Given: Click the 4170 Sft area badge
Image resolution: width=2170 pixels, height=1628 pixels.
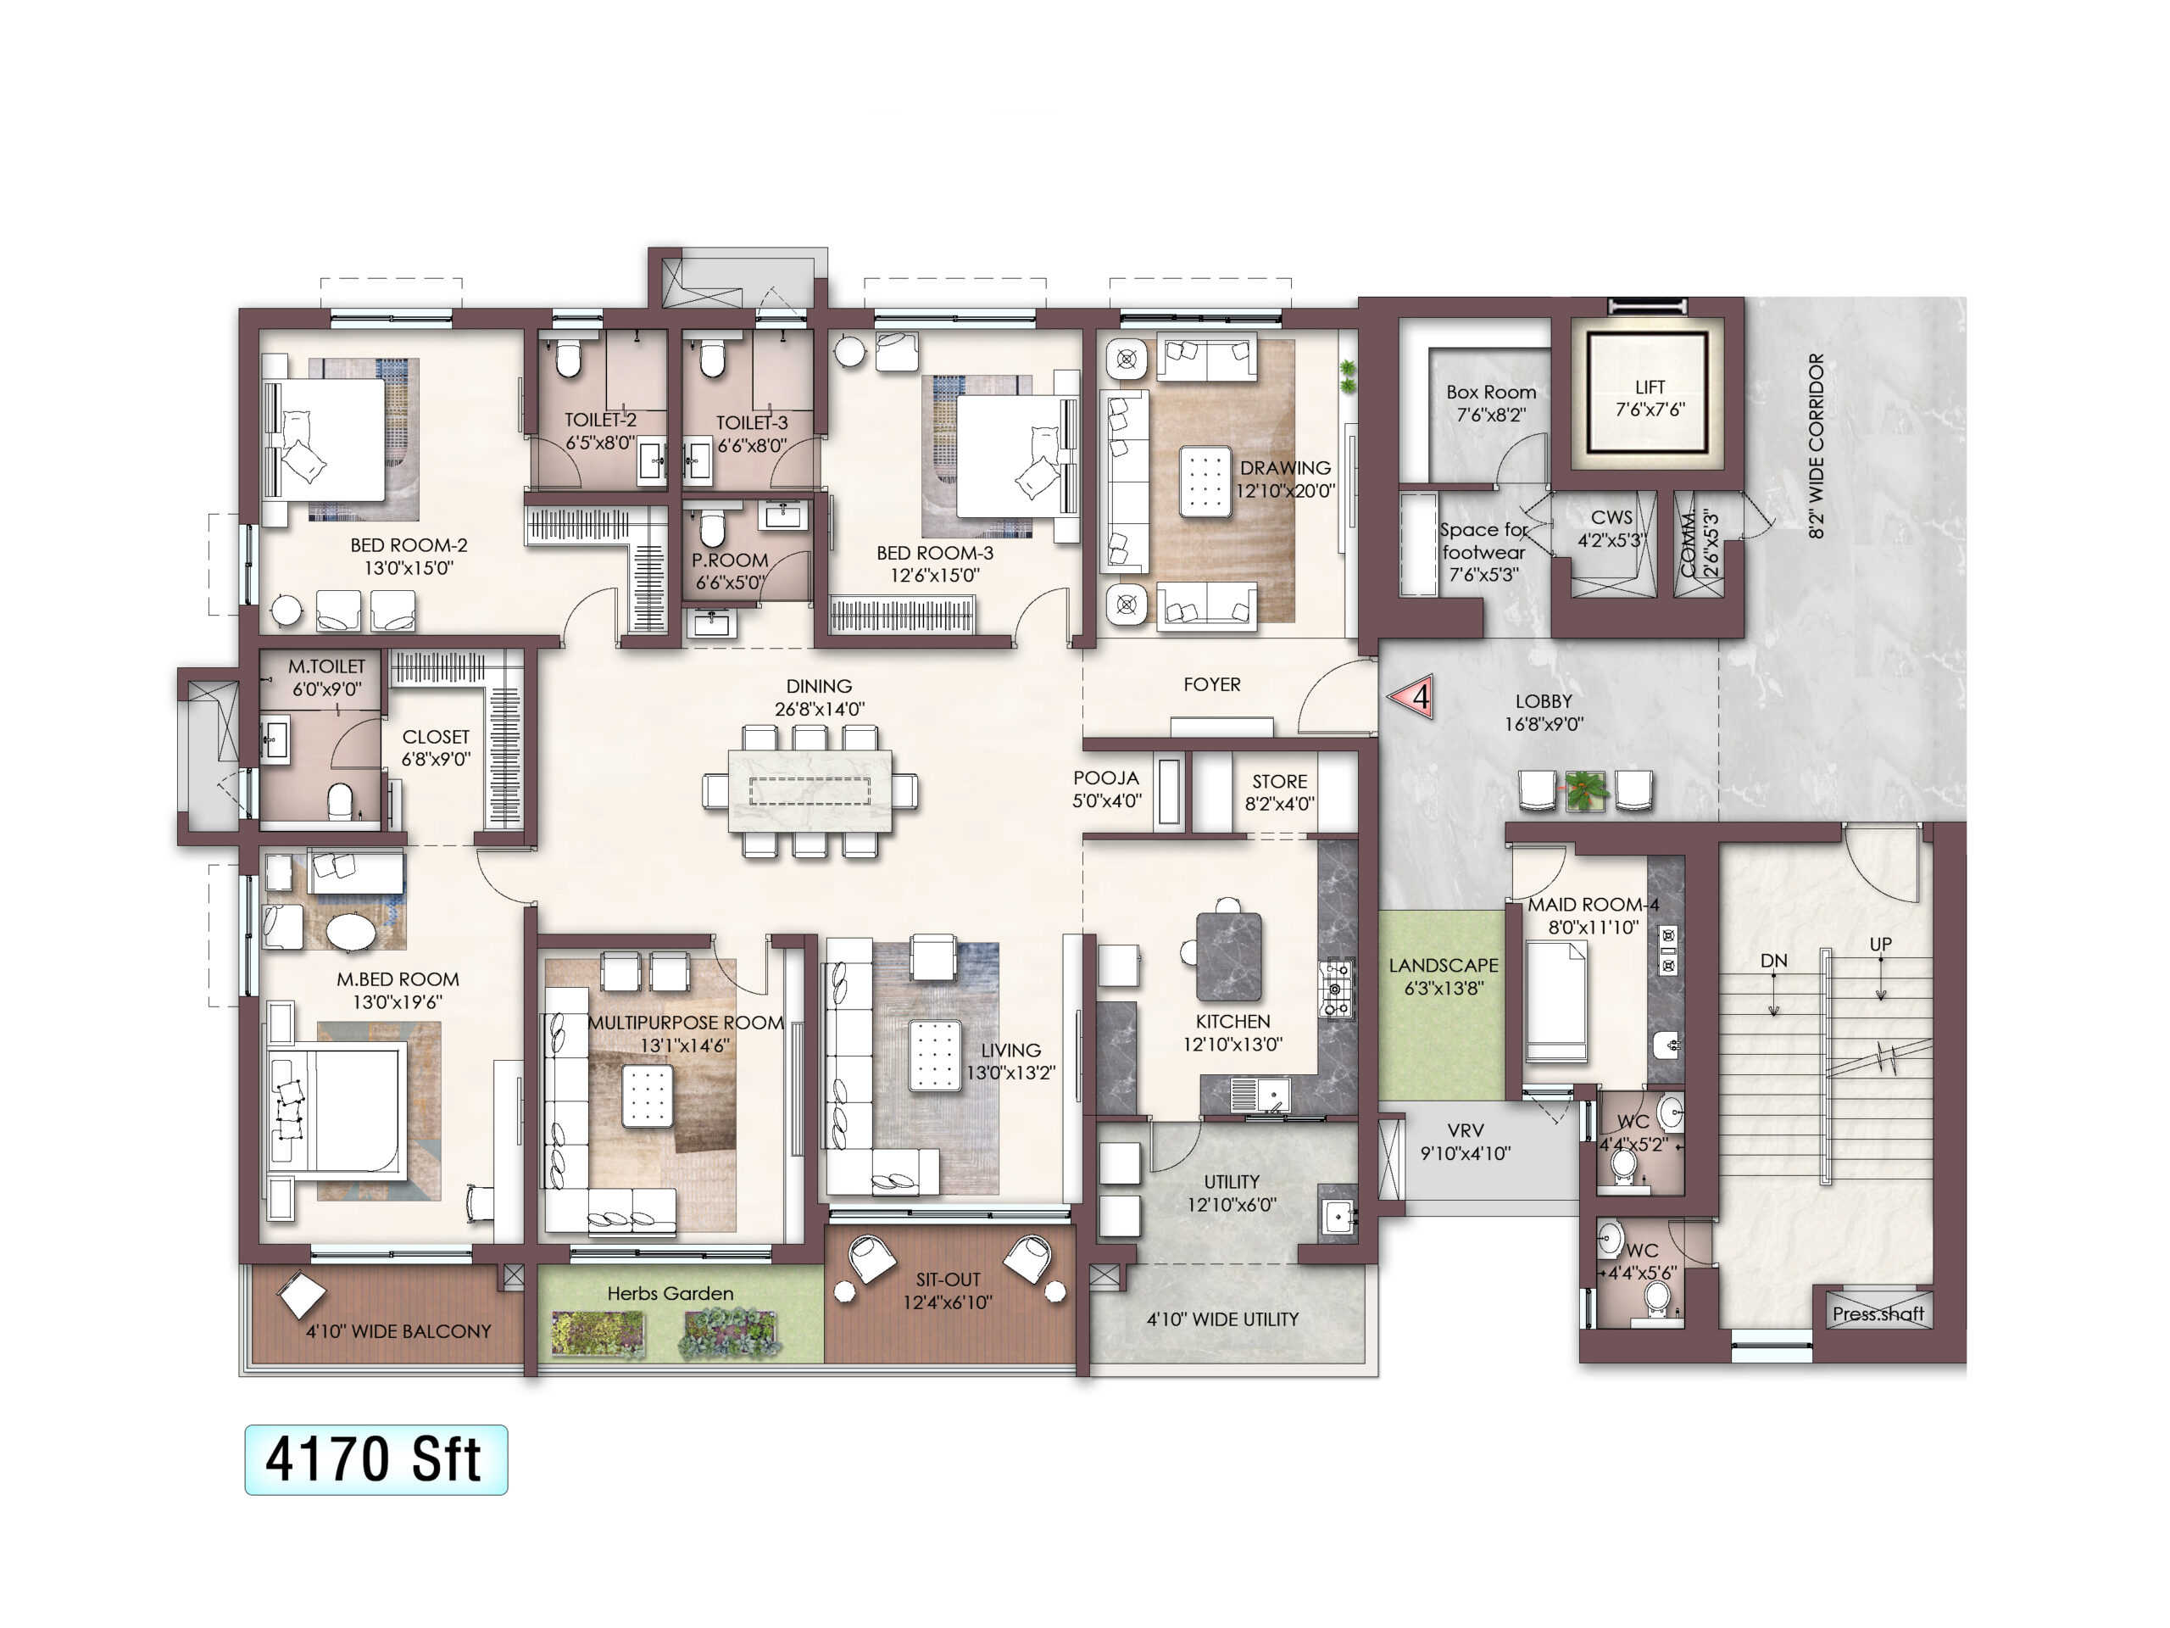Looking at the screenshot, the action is (x=376, y=1459).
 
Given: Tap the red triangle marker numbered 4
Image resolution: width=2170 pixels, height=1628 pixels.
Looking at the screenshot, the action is (x=1413, y=697).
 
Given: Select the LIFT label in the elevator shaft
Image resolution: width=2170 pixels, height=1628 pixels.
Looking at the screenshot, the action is (x=1650, y=387).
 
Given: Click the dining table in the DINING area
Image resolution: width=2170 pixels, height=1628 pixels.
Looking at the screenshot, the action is (x=810, y=791).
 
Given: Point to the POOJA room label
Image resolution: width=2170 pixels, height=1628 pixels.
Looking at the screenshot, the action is (x=1105, y=778).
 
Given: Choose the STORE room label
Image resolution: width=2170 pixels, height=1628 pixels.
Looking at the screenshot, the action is (x=1279, y=781).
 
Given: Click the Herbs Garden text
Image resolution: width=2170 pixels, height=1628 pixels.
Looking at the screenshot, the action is (x=670, y=1293).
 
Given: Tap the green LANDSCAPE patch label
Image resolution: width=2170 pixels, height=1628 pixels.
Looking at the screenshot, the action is (x=1443, y=966).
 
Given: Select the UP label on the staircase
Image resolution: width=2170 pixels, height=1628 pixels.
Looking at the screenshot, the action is (x=1879, y=944).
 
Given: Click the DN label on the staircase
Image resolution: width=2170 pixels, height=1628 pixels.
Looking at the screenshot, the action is (x=1773, y=961).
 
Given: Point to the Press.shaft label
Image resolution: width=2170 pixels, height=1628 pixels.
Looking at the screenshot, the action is (x=1878, y=1314).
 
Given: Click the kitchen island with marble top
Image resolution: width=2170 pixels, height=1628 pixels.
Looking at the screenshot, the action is (x=1229, y=956).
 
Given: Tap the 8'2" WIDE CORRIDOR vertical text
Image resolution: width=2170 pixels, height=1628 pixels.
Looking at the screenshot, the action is (x=1817, y=445).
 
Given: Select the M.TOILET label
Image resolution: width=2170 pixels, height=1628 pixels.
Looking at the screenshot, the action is (x=325, y=666).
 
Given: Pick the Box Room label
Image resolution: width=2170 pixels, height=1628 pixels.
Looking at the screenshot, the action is (x=1491, y=392).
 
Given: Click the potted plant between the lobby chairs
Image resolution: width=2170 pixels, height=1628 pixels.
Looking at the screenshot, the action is (x=1584, y=791).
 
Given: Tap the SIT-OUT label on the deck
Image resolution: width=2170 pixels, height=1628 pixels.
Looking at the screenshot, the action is (x=948, y=1280).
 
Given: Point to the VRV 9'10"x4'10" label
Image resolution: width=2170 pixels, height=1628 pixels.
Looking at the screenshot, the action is (x=1466, y=1142).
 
